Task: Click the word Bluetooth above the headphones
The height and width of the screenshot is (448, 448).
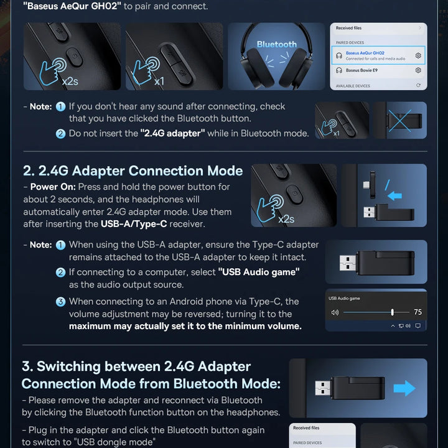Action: (x=276, y=44)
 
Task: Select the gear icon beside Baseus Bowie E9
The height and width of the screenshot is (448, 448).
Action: (x=418, y=70)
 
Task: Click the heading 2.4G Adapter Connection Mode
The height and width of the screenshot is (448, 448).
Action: (x=133, y=171)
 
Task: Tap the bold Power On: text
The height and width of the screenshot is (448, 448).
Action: (x=53, y=187)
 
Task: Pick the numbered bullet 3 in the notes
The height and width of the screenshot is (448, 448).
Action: (x=60, y=302)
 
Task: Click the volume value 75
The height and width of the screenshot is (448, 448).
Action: (x=417, y=312)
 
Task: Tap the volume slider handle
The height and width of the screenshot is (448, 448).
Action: (x=392, y=312)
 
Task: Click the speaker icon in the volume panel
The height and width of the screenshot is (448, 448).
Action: (x=335, y=312)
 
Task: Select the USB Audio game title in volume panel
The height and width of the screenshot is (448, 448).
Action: (x=344, y=299)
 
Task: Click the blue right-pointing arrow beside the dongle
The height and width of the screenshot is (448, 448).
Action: (x=404, y=388)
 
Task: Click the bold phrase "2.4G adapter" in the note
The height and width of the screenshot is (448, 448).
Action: (x=172, y=133)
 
